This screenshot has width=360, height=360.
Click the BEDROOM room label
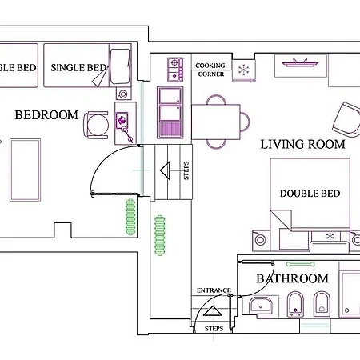46,115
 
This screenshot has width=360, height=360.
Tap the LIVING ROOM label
302,144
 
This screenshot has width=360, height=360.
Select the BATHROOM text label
292,278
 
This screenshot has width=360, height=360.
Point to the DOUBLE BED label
310,194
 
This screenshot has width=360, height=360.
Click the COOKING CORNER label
210,70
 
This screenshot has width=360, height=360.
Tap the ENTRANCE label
214,290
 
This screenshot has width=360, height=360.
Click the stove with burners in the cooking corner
175,70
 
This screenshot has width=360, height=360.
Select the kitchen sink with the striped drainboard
170,112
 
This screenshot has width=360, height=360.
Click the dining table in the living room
216,122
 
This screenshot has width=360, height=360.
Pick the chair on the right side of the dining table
245,122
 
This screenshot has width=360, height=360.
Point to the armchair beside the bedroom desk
97,125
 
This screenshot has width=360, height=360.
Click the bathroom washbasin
261,306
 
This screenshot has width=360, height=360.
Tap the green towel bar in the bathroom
301,264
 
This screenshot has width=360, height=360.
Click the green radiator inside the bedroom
130,217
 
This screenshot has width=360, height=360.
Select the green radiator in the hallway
160,235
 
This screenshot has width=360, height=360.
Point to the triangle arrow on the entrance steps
213,311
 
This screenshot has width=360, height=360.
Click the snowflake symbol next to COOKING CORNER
243,70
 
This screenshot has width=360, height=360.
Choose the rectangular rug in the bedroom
26,170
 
